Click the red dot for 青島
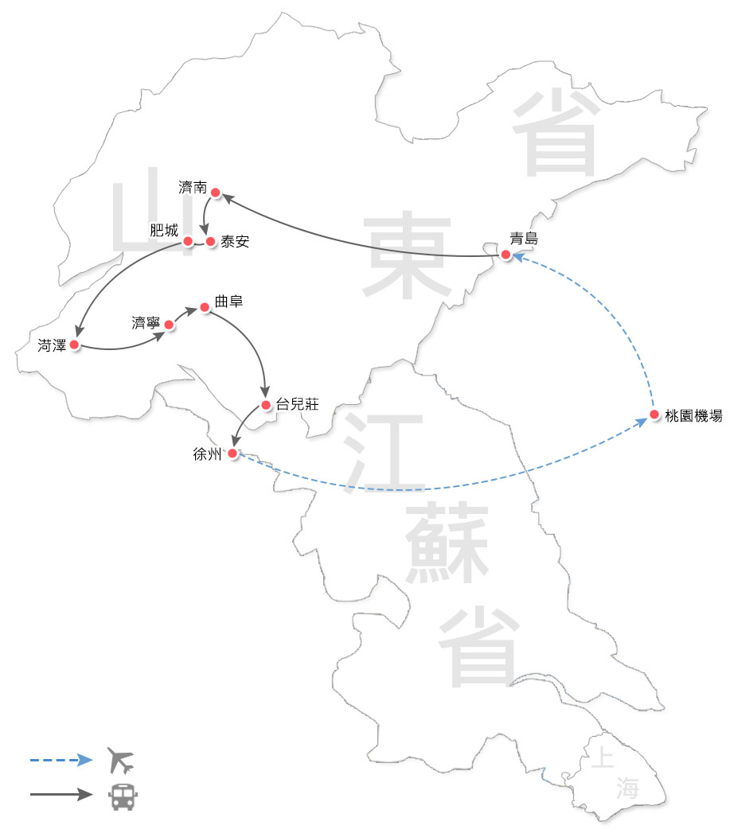506,255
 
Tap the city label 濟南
193,188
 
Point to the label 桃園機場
693,415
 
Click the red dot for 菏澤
73,344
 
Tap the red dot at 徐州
232,453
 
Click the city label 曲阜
228,302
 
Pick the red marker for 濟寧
169,324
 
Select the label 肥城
164,231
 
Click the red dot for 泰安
211,241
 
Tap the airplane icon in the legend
120,761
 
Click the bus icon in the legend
121,796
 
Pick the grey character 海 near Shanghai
627,788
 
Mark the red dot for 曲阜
205,306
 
